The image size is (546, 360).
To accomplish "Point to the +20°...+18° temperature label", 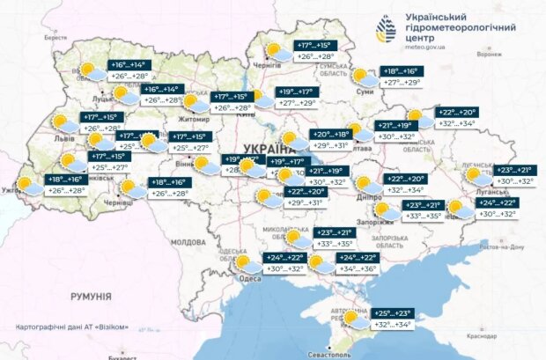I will pos(329,135).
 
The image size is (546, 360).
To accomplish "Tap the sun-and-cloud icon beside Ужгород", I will pos(26,184).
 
